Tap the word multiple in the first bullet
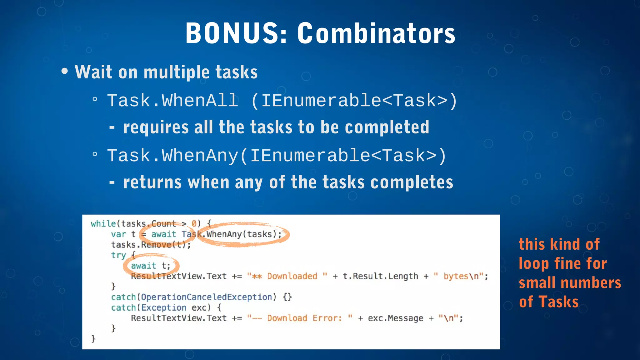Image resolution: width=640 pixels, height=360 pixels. pyautogui.click(x=177, y=72)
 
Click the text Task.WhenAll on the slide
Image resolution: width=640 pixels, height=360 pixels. pyautogui.click(x=172, y=101)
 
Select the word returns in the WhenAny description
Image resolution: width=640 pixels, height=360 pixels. pyautogui.click(x=152, y=182)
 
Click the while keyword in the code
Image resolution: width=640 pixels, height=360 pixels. pyautogui.click(x=103, y=224)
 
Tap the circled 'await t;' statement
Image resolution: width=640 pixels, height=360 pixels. pyautogui.click(x=151, y=266)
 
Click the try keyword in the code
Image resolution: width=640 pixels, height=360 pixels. pyautogui.click(x=118, y=255)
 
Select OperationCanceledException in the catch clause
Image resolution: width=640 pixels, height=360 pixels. pyautogui.click(x=207, y=297)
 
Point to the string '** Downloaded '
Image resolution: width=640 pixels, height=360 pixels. pyautogui.click(x=287, y=276)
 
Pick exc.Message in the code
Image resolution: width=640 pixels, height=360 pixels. pyautogui.click(x=395, y=318)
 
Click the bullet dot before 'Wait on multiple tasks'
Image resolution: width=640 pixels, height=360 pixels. pyautogui.click(x=65, y=71)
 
